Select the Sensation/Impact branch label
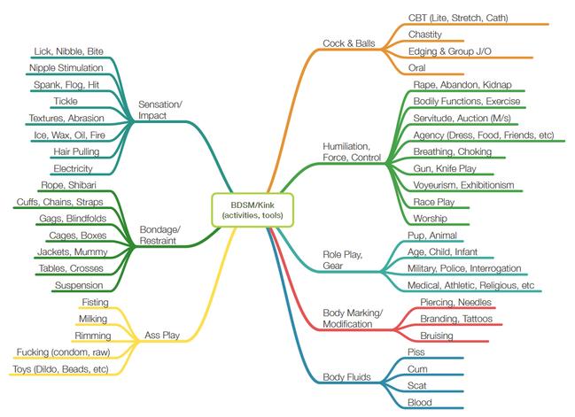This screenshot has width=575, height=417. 159,110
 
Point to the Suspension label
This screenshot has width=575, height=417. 79,285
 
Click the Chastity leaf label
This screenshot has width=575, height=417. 425,34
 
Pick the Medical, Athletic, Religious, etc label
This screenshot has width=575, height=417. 470,285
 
